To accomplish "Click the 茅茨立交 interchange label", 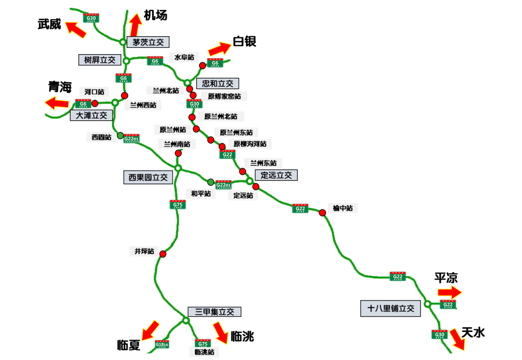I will pyautogui.click(x=148, y=42).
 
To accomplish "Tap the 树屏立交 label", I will pyautogui.click(x=100, y=59).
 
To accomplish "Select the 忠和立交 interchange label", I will pyautogui.click(x=217, y=84).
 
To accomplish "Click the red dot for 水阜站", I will pyautogui.click(x=203, y=65).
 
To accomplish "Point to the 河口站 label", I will pyautogui.click(x=94, y=92).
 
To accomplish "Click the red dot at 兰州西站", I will pyautogui.click(x=124, y=95).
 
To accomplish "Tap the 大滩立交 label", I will pyautogui.click(x=91, y=115).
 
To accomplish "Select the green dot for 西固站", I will pyautogui.click(x=120, y=135).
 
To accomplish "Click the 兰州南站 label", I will pyautogui.click(x=177, y=144).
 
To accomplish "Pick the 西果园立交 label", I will pyautogui.click(x=148, y=177).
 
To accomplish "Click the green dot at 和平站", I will pyautogui.click(x=211, y=182).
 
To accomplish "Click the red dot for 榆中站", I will pyautogui.click(x=322, y=213).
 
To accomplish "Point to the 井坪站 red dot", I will pyautogui.click(x=163, y=254).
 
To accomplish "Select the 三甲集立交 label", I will pyautogui.click(x=214, y=312).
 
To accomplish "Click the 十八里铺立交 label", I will pyautogui.click(x=391, y=308).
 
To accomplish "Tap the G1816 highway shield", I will pyautogui.click(x=162, y=344).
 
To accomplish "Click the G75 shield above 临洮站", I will pyautogui.click(x=203, y=343).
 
